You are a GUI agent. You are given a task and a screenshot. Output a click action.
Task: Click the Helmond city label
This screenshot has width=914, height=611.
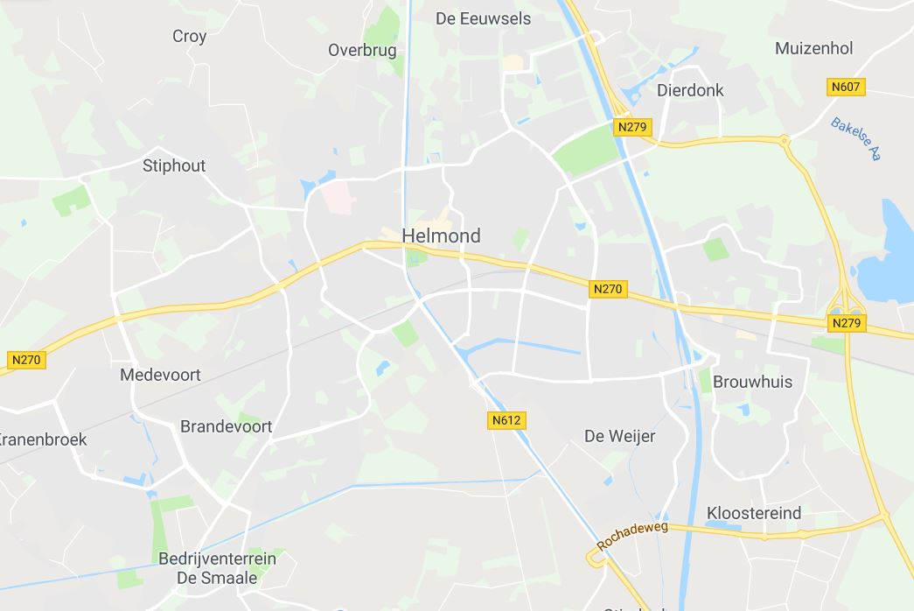pyautogui.click(x=441, y=235)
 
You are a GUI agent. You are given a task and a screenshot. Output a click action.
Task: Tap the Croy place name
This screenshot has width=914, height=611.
pyautogui.click(x=189, y=36)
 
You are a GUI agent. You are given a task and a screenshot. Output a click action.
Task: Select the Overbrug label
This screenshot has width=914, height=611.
pyautogui.click(x=362, y=50)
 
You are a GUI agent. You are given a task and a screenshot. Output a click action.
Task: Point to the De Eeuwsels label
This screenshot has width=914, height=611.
pyautogui.click(x=483, y=18)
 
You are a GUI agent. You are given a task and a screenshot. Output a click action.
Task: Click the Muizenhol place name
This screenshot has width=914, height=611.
pyautogui.click(x=813, y=48)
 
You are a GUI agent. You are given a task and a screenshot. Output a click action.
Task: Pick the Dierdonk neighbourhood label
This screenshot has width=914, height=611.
pyautogui.click(x=690, y=90)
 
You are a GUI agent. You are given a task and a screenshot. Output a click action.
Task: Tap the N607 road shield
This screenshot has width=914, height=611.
pyautogui.click(x=846, y=87)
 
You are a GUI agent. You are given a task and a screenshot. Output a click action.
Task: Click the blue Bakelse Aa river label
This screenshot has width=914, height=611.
pyautogui.click(x=855, y=139)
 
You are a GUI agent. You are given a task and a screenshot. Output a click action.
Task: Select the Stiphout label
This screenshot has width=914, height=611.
pyautogui.click(x=174, y=165)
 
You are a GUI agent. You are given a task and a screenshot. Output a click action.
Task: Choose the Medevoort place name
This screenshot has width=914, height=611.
pyautogui.click(x=160, y=375)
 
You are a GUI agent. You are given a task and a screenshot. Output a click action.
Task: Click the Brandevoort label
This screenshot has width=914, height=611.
pyautogui.click(x=226, y=426)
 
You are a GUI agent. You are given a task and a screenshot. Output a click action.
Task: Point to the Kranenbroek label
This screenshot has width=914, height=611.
pyautogui.click(x=44, y=439)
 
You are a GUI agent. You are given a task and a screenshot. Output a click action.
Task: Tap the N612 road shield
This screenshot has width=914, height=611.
pyautogui.click(x=506, y=420)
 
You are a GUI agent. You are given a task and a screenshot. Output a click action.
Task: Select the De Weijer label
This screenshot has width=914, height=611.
pyautogui.click(x=619, y=436)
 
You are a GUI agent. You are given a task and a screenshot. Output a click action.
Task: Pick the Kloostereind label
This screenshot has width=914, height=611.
pyautogui.click(x=753, y=513)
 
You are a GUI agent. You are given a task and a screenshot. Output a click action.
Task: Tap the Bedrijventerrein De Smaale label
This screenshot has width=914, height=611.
pyautogui.click(x=217, y=568)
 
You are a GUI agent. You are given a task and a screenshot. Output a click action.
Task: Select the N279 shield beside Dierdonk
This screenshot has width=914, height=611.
pyautogui.click(x=632, y=127)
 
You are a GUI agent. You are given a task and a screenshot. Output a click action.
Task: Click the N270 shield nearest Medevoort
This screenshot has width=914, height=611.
pyautogui.click(x=26, y=359)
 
